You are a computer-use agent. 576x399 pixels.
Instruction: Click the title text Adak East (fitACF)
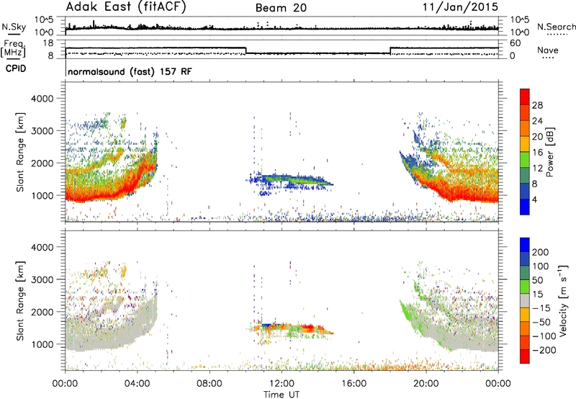126,7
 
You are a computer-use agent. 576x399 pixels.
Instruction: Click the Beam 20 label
281,8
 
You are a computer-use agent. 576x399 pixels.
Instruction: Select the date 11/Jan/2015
460,7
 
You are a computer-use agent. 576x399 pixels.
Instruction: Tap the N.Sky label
14,27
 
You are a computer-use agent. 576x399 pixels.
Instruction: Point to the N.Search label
556,27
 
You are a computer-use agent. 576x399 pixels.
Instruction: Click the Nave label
548,50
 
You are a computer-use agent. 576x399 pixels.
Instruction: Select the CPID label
16,68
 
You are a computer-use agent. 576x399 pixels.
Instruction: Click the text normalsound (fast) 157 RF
130,71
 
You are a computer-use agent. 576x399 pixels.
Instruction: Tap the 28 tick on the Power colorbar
537,105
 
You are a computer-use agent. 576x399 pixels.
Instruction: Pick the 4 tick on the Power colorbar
534,199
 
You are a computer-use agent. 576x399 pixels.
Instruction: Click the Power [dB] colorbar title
550,152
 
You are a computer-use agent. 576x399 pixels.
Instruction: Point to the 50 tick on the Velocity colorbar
537,280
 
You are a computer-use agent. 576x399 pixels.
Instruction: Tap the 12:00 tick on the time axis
282,384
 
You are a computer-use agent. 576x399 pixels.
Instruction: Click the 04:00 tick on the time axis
137,384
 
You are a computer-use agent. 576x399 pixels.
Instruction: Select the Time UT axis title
282,395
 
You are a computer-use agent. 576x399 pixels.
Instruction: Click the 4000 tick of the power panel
42,99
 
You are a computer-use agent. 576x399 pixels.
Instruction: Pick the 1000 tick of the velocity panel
42,344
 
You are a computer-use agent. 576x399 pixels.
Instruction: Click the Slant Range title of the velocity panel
20,301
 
